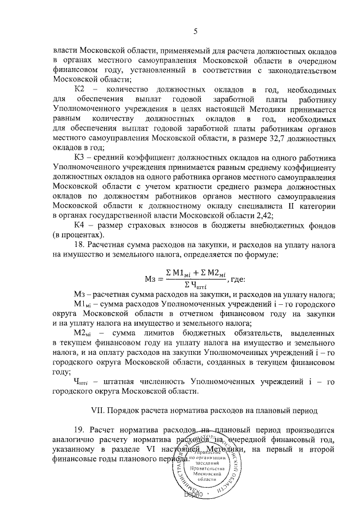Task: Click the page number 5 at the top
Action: tap(195, 31)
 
